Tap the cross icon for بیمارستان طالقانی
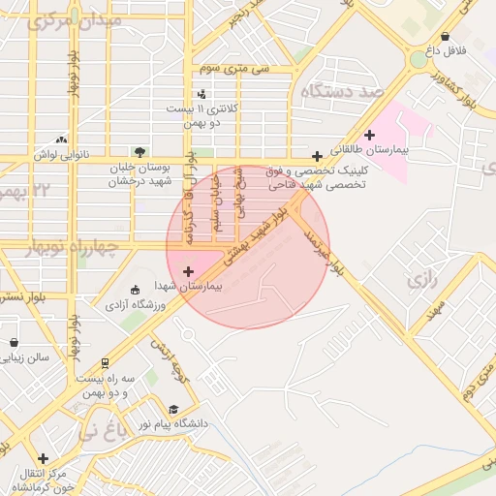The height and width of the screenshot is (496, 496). coord(369,135)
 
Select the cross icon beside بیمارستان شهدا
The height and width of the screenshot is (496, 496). coord(187,271)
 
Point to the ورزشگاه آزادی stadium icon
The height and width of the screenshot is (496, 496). coord(135,290)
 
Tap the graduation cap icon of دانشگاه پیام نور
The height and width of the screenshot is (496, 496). coord(173,410)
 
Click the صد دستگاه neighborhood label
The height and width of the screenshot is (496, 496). coord(344,92)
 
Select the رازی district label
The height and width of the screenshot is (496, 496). coord(423,280)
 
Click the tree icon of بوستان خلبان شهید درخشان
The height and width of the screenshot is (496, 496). coord(139,152)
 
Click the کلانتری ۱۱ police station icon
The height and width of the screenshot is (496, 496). coord(201,94)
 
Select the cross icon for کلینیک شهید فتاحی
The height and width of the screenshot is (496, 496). coord(317,156)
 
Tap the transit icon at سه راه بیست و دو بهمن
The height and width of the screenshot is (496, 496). coord(104,363)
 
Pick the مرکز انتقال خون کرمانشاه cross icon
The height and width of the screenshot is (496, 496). coord(43,458)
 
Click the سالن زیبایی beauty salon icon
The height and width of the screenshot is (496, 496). coord(14,342)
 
